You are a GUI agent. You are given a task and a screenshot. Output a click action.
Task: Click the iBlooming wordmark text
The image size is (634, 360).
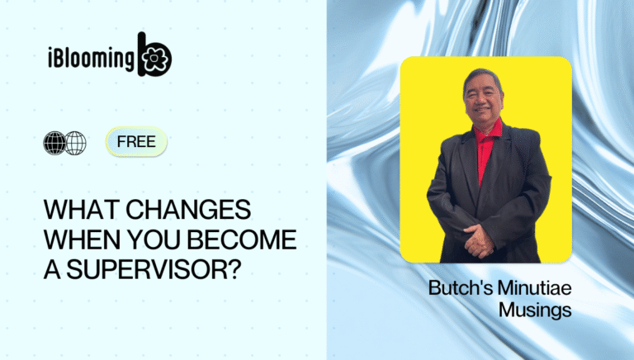(x=92, y=59)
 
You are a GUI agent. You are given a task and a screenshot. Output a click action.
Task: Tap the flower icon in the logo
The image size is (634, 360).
(x=154, y=59)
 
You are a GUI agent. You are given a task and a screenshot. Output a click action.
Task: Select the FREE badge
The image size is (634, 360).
(x=136, y=141)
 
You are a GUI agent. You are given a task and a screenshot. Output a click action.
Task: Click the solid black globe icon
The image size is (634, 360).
(x=54, y=143)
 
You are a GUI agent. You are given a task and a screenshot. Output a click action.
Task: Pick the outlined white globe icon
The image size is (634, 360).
(x=76, y=143)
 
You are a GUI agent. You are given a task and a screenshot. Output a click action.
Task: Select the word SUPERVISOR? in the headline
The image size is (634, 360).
(x=149, y=269)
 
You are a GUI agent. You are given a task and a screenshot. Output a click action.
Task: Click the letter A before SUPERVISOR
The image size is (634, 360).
(x=51, y=269)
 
